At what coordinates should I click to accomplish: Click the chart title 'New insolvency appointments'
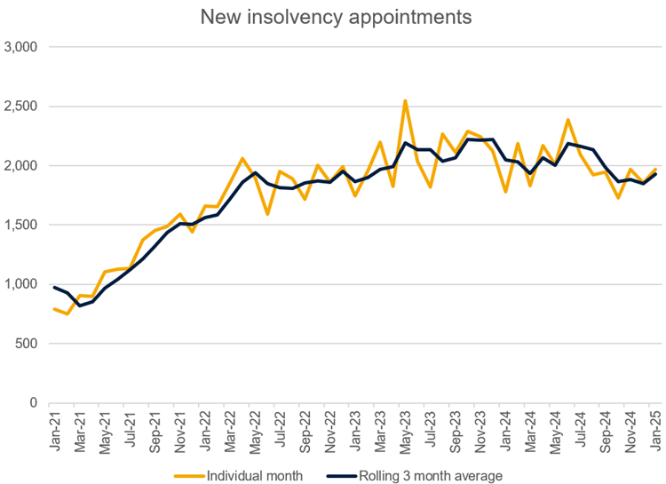point(336,17)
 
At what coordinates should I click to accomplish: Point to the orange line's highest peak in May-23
point(405,101)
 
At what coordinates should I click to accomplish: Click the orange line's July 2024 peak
point(568,120)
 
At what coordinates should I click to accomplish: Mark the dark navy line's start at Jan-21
point(55,287)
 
